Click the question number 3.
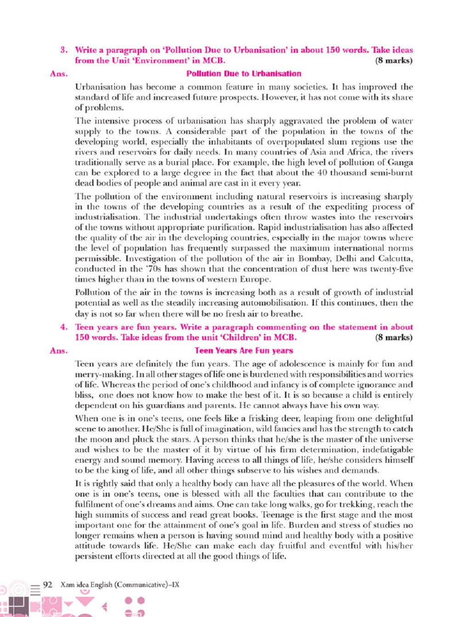[x=64, y=50]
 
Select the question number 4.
[x=64, y=327]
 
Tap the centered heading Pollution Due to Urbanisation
[x=244, y=74]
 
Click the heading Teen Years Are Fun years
[x=244, y=351]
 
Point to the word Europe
[x=255, y=279]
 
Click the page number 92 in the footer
[x=48, y=584]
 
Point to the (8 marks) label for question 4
[x=394, y=338]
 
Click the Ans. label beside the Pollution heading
[x=59, y=74]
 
